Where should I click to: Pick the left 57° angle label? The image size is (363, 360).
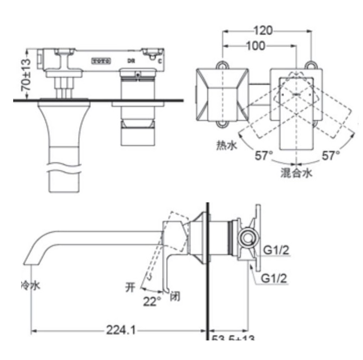coord(264,156)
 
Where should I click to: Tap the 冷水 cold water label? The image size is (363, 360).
coord(30,285)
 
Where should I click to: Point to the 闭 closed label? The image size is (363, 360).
coord(175,296)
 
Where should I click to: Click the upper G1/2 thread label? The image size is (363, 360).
coord(276,250)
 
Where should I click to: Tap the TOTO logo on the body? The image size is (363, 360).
coord(101,60)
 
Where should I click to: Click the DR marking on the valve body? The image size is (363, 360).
coord(130,61)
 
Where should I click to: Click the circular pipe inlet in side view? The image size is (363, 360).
coord(247,238)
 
